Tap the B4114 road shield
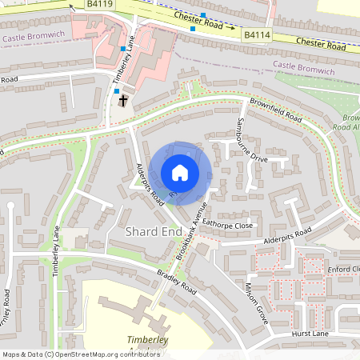click(x=256, y=35)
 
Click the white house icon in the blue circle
click(x=180, y=172)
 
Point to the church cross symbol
click(x=123, y=100)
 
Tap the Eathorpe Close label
click(x=227, y=225)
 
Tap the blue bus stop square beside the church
click(x=117, y=91)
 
